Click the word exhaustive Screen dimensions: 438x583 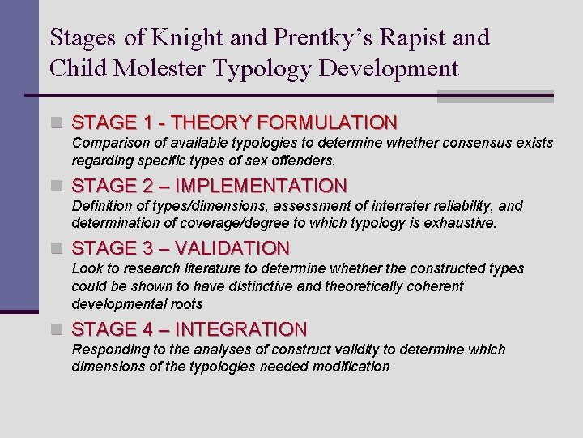click(x=466, y=222)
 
